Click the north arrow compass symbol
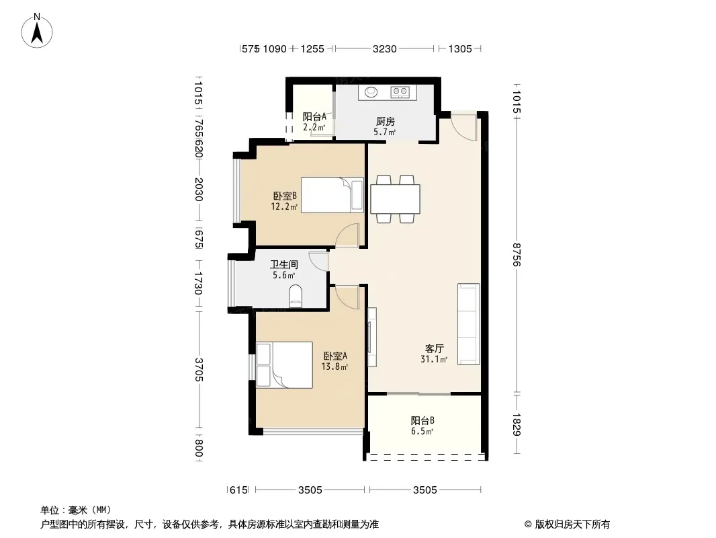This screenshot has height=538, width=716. (37, 31)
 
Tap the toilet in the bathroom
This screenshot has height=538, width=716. (296, 296)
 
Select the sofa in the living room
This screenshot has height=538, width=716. (469, 324)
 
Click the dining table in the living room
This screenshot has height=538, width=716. (395, 199)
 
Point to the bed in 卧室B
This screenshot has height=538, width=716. (332, 195)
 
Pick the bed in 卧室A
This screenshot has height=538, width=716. (285, 365)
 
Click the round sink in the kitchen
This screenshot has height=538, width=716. (370, 92)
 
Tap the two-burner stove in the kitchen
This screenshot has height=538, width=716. (400, 92)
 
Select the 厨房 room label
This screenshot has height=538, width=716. (386, 122)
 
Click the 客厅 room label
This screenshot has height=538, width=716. (434, 349)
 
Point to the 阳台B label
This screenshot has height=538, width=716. (422, 420)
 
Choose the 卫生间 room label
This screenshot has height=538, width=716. (283, 264)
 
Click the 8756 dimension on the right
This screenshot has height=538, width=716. (517, 255)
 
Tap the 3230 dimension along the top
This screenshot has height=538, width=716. (384, 48)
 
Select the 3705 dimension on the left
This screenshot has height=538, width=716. (199, 369)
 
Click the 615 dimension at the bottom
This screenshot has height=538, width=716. (238, 490)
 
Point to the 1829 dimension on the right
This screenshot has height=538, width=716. (517, 424)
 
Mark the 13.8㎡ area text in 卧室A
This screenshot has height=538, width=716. (334, 367)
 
